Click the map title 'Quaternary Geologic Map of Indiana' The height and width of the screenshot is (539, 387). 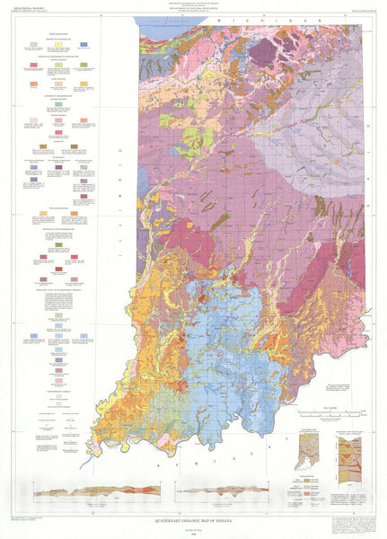(193, 517)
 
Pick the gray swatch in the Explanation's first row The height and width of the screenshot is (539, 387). (33, 43)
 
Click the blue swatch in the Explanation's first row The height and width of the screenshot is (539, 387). (83, 43)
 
